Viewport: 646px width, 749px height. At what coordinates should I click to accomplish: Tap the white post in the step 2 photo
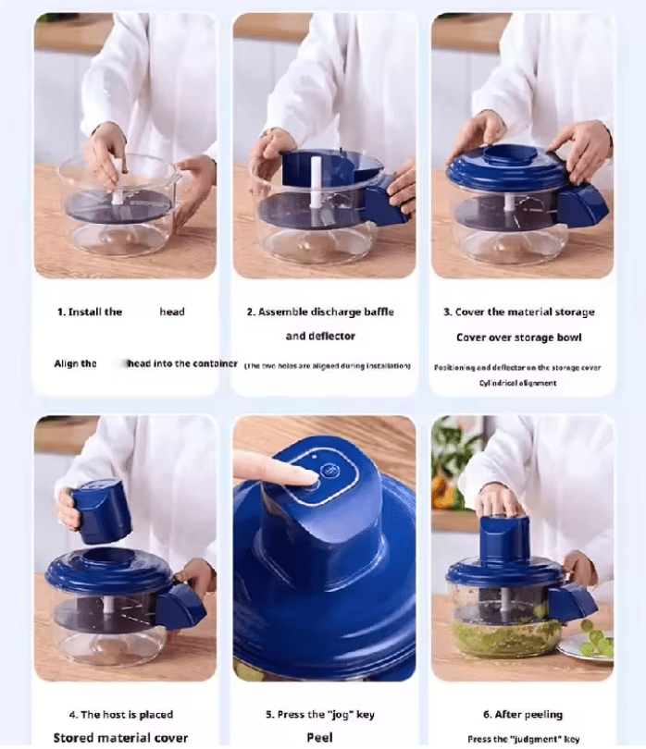click(x=316, y=178)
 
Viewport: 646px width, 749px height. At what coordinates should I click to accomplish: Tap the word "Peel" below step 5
click(x=319, y=738)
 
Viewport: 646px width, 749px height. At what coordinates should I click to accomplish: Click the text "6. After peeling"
click(x=523, y=715)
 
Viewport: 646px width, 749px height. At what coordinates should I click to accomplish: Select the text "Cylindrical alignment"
click(x=518, y=383)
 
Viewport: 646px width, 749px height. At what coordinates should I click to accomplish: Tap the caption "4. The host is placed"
click(x=121, y=715)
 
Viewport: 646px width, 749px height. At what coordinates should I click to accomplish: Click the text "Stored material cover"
click(x=121, y=738)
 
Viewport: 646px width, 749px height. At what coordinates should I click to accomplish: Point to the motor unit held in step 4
click(x=100, y=510)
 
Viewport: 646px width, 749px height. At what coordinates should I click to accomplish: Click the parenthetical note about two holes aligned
click(x=327, y=366)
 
